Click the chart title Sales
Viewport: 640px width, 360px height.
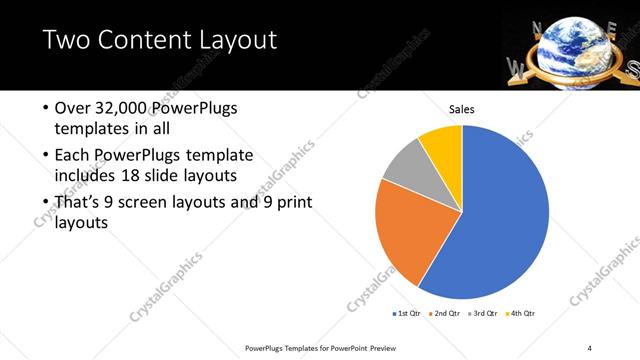pyautogui.click(x=461, y=109)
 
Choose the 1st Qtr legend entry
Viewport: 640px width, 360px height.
pyautogui.click(x=408, y=313)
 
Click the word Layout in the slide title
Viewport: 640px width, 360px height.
pyautogui.click(x=229, y=41)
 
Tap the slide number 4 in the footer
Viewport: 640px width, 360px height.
pyautogui.click(x=590, y=347)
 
